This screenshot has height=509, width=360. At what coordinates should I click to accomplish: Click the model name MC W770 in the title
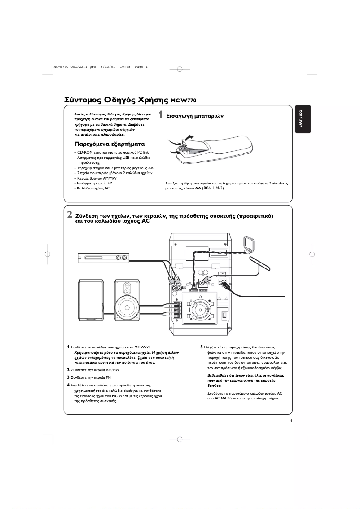tap(184, 100)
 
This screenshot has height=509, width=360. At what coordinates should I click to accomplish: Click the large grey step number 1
tap(161, 115)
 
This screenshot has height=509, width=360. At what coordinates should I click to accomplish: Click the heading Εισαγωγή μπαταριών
tap(195, 115)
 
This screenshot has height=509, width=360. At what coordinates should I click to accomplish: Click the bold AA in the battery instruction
tap(198, 189)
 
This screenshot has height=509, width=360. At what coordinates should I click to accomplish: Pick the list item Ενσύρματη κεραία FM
tap(93, 183)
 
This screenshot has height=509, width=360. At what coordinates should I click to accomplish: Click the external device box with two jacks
tap(103, 258)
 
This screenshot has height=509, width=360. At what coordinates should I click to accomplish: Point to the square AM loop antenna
tap(248, 245)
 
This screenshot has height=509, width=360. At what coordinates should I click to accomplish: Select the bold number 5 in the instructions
tap(202, 347)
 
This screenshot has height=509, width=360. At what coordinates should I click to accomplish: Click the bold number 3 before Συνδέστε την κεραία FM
tap(68, 377)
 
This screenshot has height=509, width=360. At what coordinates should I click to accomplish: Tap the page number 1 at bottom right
tap(292, 421)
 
